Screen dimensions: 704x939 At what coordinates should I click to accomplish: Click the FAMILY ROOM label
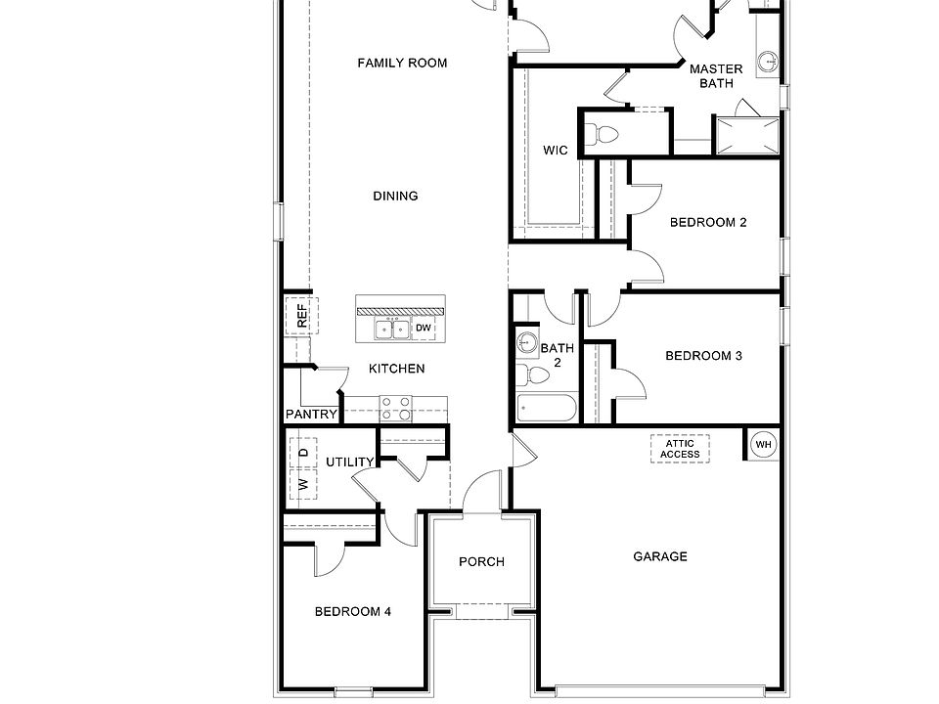click(x=402, y=64)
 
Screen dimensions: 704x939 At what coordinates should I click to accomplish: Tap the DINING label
click(x=395, y=197)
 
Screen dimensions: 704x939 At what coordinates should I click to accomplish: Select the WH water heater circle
click(x=763, y=445)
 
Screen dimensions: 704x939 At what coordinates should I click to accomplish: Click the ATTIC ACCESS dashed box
click(x=680, y=449)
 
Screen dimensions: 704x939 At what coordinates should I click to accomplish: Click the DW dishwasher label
click(x=424, y=329)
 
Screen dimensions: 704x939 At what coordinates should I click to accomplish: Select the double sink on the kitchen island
click(x=394, y=329)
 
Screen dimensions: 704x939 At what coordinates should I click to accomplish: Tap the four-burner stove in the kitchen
click(x=395, y=408)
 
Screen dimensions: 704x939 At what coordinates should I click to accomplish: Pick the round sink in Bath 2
click(x=526, y=342)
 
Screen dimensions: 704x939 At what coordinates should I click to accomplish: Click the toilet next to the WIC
click(x=603, y=135)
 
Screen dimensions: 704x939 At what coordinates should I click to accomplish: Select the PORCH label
click(x=481, y=562)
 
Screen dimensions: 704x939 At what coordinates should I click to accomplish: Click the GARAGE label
click(x=660, y=557)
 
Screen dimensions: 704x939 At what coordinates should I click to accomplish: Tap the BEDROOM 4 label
click(x=353, y=612)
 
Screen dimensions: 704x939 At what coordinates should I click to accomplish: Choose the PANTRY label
click(x=311, y=415)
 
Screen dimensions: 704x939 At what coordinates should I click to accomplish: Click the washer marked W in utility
click(x=302, y=484)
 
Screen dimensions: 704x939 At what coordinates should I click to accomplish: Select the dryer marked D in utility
click(x=302, y=452)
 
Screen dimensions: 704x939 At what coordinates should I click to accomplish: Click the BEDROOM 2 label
click(x=708, y=223)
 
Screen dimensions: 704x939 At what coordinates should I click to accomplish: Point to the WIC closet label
click(x=556, y=151)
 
